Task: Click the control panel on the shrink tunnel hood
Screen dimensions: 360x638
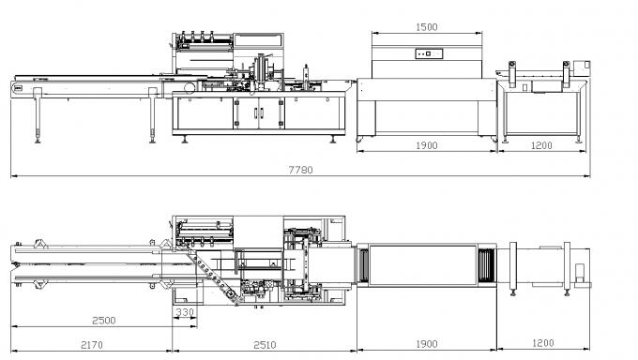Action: click(430, 54)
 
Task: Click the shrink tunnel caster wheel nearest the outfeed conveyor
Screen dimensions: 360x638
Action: click(489, 143)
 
